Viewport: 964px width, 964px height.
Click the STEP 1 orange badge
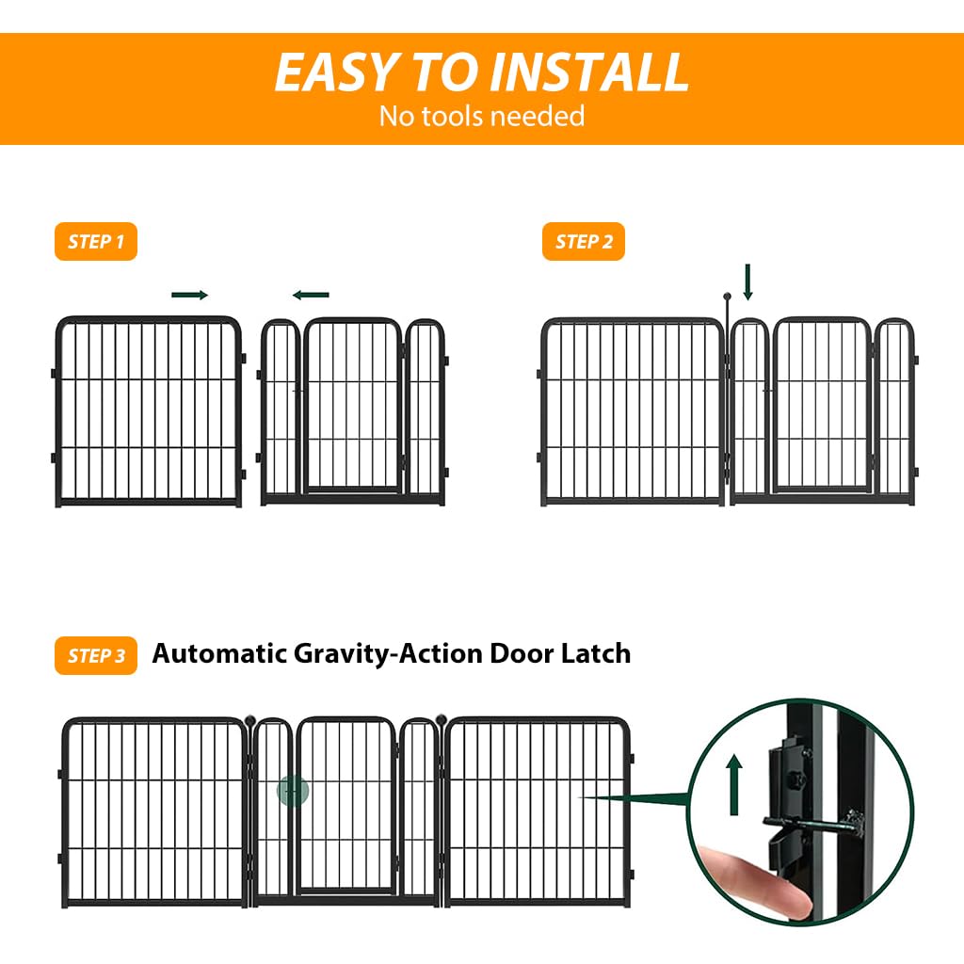tap(96, 242)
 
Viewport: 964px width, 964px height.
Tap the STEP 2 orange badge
tap(584, 242)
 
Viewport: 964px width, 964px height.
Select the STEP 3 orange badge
tap(96, 655)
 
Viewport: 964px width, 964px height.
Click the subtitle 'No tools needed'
tap(481, 116)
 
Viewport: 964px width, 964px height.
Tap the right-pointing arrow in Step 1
tap(189, 295)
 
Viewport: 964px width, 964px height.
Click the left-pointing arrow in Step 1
tap(311, 295)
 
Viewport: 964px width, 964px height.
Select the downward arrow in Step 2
tap(748, 281)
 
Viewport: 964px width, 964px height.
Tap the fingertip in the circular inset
tap(753, 880)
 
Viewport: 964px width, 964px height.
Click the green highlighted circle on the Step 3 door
tap(293, 791)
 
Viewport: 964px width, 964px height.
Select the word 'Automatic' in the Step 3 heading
tap(219, 653)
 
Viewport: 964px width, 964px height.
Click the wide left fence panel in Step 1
tap(149, 411)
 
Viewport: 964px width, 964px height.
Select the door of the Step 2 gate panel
tap(821, 407)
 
